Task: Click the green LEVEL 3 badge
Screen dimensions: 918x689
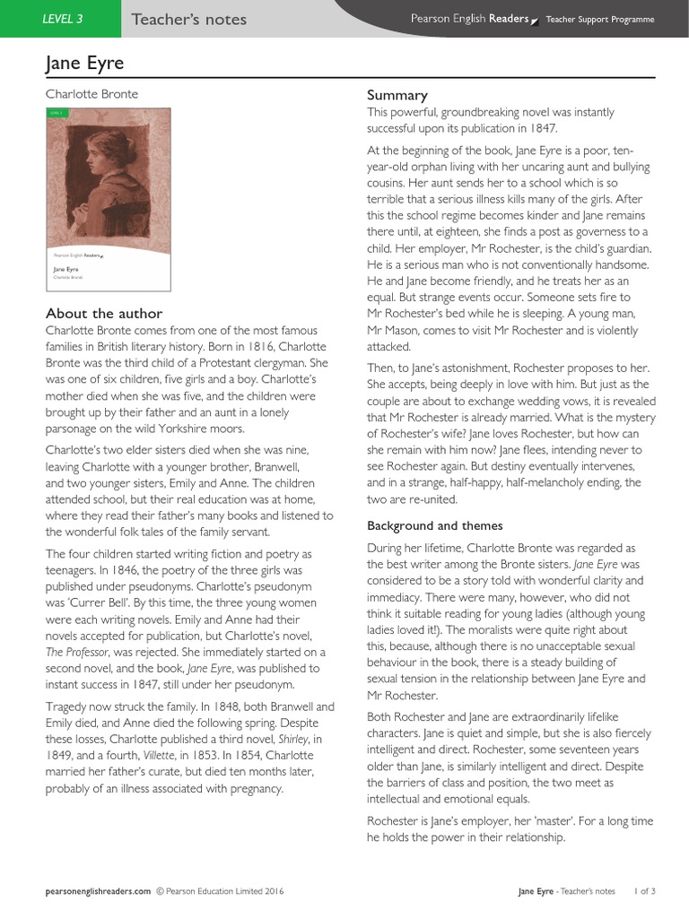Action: (x=62, y=19)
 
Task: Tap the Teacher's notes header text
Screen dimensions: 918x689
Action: (x=188, y=20)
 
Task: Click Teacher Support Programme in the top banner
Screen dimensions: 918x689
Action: (x=600, y=19)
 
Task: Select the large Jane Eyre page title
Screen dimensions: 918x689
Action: (x=84, y=63)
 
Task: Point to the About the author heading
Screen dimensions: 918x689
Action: (x=104, y=313)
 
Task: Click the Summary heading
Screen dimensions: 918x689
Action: (x=397, y=95)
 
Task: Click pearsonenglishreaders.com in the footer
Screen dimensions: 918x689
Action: (x=99, y=891)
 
